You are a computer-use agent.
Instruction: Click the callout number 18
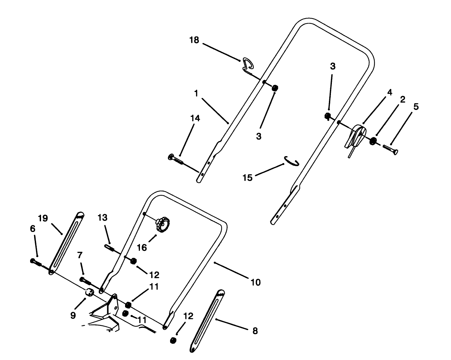tap(194, 40)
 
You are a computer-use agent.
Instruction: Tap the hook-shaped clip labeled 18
tap(248, 64)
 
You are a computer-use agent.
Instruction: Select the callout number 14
tap(195, 118)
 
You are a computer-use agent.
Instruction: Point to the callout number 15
tap(248, 178)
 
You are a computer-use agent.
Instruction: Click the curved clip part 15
tap(291, 161)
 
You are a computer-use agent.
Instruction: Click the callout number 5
tap(416, 107)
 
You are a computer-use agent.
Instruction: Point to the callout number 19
tap(43, 218)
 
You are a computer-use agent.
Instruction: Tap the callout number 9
tap(73, 315)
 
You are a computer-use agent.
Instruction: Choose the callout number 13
tap(103, 218)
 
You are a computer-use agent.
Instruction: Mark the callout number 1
tap(196, 94)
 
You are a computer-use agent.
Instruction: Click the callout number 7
tap(80, 255)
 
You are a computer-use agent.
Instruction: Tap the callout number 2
tap(402, 100)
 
